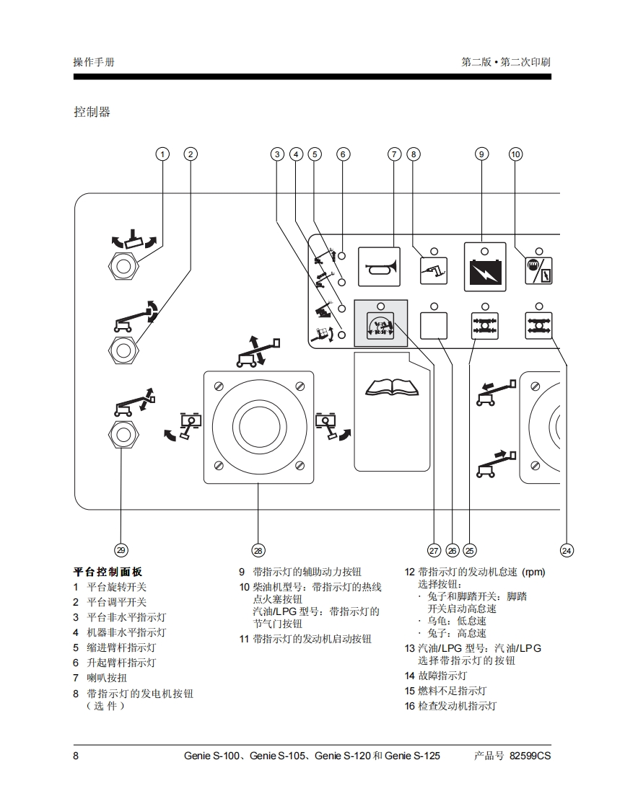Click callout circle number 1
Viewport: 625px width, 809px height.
(163, 154)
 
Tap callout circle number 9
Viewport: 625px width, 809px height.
(482, 154)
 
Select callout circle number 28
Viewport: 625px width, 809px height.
(258, 550)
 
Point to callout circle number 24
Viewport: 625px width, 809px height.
(567, 550)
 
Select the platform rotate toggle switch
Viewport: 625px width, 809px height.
(123, 266)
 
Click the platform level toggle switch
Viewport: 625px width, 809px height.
(123, 348)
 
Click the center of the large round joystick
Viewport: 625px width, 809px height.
(258, 427)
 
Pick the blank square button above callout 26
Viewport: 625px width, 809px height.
(434, 326)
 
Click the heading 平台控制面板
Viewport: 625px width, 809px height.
(108, 572)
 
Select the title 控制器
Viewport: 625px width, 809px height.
(92, 112)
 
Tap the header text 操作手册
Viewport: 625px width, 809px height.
(94, 62)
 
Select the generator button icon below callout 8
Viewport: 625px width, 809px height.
(434, 271)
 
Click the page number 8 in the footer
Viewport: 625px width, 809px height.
(76, 756)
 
